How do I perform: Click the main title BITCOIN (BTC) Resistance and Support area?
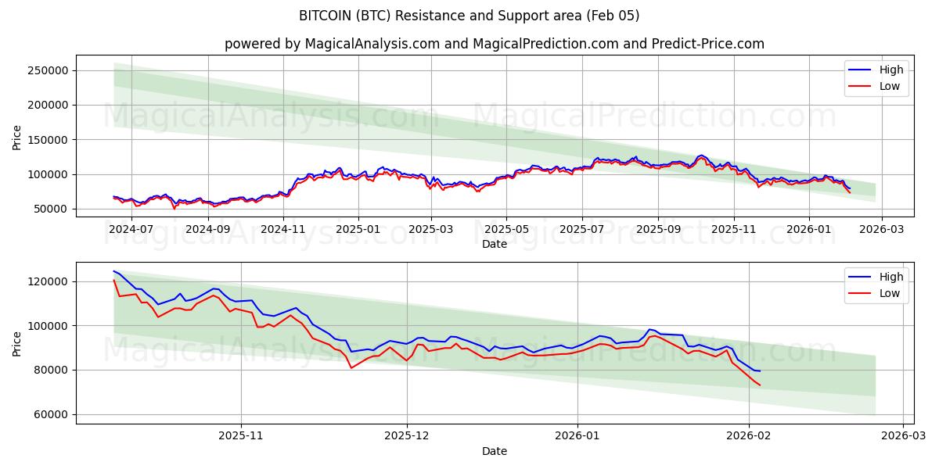pos(469,16)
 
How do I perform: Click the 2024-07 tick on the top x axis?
pos(131,229)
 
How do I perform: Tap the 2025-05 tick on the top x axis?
pos(505,229)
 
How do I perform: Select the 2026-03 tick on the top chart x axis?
pos(882,229)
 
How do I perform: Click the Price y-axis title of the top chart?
pos(17,136)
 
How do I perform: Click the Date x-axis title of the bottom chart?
pos(494,451)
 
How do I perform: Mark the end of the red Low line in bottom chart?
pos(759,385)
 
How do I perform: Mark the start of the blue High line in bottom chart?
pos(114,271)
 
